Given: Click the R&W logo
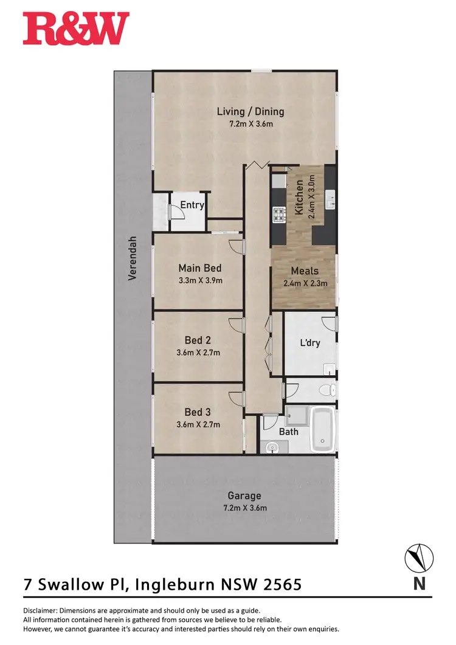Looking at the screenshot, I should point(76,29).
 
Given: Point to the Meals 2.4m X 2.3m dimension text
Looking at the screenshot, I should point(305,283).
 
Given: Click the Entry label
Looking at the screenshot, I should point(192,205).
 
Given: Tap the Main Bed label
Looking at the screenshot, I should point(199,268).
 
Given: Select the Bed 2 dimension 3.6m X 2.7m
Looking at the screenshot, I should point(198,353).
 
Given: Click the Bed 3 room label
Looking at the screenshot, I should point(198,413).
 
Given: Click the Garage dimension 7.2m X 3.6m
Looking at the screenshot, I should point(244,508).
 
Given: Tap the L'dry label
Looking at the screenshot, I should point(309,343).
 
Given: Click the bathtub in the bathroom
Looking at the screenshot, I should point(323,430).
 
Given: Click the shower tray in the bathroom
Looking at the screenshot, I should point(297,415).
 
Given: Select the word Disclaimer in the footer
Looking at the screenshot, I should point(40,610).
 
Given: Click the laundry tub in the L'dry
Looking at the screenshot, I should point(329,368).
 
